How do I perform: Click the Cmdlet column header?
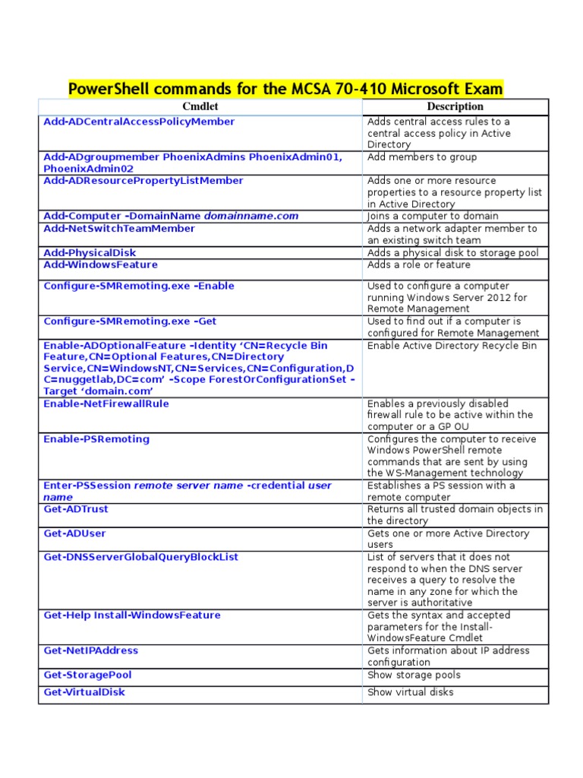pyautogui.click(x=200, y=106)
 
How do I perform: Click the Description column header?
pyautogui.click(x=455, y=106)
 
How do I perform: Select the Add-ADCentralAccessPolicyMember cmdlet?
pyautogui.click(x=139, y=122)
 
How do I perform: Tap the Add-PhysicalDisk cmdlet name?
pyautogui.click(x=90, y=252)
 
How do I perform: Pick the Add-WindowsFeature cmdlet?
pyautogui.click(x=100, y=264)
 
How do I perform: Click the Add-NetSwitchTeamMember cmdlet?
pyautogui.click(x=119, y=228)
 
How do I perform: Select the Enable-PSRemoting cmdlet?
pyautogui.click(x=96, y=439)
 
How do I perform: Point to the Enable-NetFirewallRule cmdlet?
pyautogui.click(x=106, y=403)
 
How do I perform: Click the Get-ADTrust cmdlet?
pyautogui.click(x=76, y=509)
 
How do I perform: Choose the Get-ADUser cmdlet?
pyautogui.click(x=74, y=533)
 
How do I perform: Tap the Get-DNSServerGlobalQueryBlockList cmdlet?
pyautogui.click(x=140, y=557)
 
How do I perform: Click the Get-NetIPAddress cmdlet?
pyautogui.click(x=91, y=650)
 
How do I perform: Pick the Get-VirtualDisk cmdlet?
pyautogui.click(x=84, y=692)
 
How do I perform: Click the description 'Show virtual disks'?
pyautogui.click(x=411, y=692)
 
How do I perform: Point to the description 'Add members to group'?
pyautogui.click(x=422, y=157)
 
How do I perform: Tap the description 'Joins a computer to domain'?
pyautogui.click(x=433, y=217)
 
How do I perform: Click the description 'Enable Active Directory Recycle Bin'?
pyautogui.click(x=452, y=346)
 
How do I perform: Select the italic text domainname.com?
pyautogui.click(x=251, y=216)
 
